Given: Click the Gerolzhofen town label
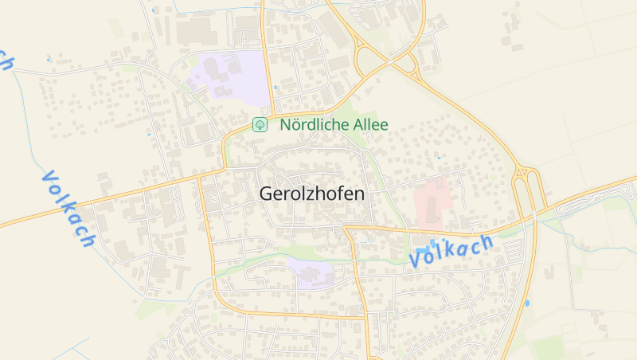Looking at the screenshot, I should point(312,194).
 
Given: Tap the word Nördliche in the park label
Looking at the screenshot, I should point(314,124).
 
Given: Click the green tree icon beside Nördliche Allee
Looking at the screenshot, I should point(259,124).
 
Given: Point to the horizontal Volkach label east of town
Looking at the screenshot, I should point(451,251).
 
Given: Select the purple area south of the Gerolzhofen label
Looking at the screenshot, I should point(311,272).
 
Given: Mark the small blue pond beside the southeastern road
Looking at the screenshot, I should point(527,303).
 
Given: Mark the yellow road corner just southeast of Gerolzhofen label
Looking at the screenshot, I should point(349,229).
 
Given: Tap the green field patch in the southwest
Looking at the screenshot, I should point(151,309).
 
